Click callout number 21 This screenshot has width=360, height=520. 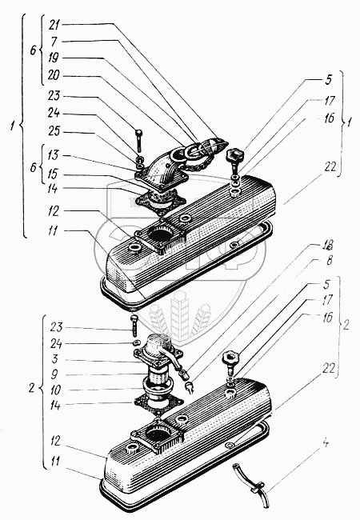coord(54,25)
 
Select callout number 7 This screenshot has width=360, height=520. coord(54,42)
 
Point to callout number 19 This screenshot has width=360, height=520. coord(54,58)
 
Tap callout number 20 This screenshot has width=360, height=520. coord(54,76)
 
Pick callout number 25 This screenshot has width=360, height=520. coord(54,132)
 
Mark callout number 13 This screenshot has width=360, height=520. coord(53,155)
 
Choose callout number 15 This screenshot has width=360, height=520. coord(53,174)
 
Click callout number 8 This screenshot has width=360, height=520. coord(329,261)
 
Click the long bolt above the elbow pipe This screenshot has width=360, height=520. coord(139,140)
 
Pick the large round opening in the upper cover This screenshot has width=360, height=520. coord(160,234)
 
